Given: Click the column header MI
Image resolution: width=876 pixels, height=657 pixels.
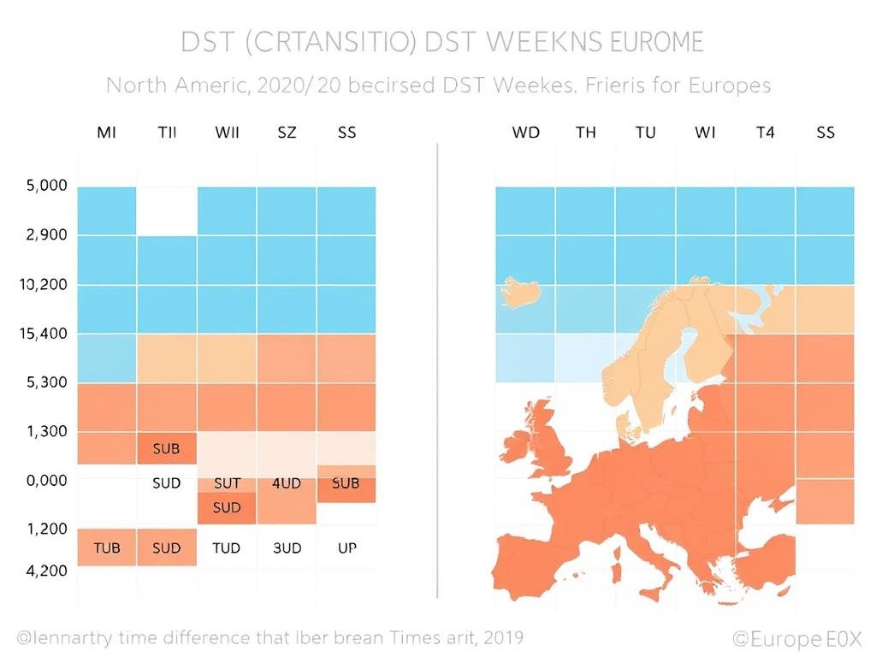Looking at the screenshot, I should (x=107, y=133).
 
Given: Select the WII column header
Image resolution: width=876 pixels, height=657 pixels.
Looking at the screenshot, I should (x=227, y=133).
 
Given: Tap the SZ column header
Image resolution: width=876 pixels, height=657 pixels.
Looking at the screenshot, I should (x=287, y=133).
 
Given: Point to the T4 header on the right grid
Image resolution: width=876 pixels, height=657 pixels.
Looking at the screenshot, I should (x=765, y=133).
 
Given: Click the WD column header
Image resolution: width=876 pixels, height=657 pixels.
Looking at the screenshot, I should (x=526, y=133).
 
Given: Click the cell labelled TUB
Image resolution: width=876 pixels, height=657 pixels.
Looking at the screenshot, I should (x=107, y=547).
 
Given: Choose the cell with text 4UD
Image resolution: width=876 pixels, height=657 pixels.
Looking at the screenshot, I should (x=287, y=483).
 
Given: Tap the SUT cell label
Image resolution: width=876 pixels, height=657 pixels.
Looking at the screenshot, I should (x=227, y=483).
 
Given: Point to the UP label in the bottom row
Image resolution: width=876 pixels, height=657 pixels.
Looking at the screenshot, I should (x=346, y=547).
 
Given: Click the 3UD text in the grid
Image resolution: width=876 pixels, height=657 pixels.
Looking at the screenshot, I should (x=287, y=547).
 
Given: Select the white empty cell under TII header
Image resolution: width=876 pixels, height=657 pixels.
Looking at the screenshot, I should (x=167, y=210).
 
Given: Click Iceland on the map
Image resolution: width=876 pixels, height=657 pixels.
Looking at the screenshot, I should (x=524, y=293).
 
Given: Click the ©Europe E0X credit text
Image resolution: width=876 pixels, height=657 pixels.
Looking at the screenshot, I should (x=797, y=639).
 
